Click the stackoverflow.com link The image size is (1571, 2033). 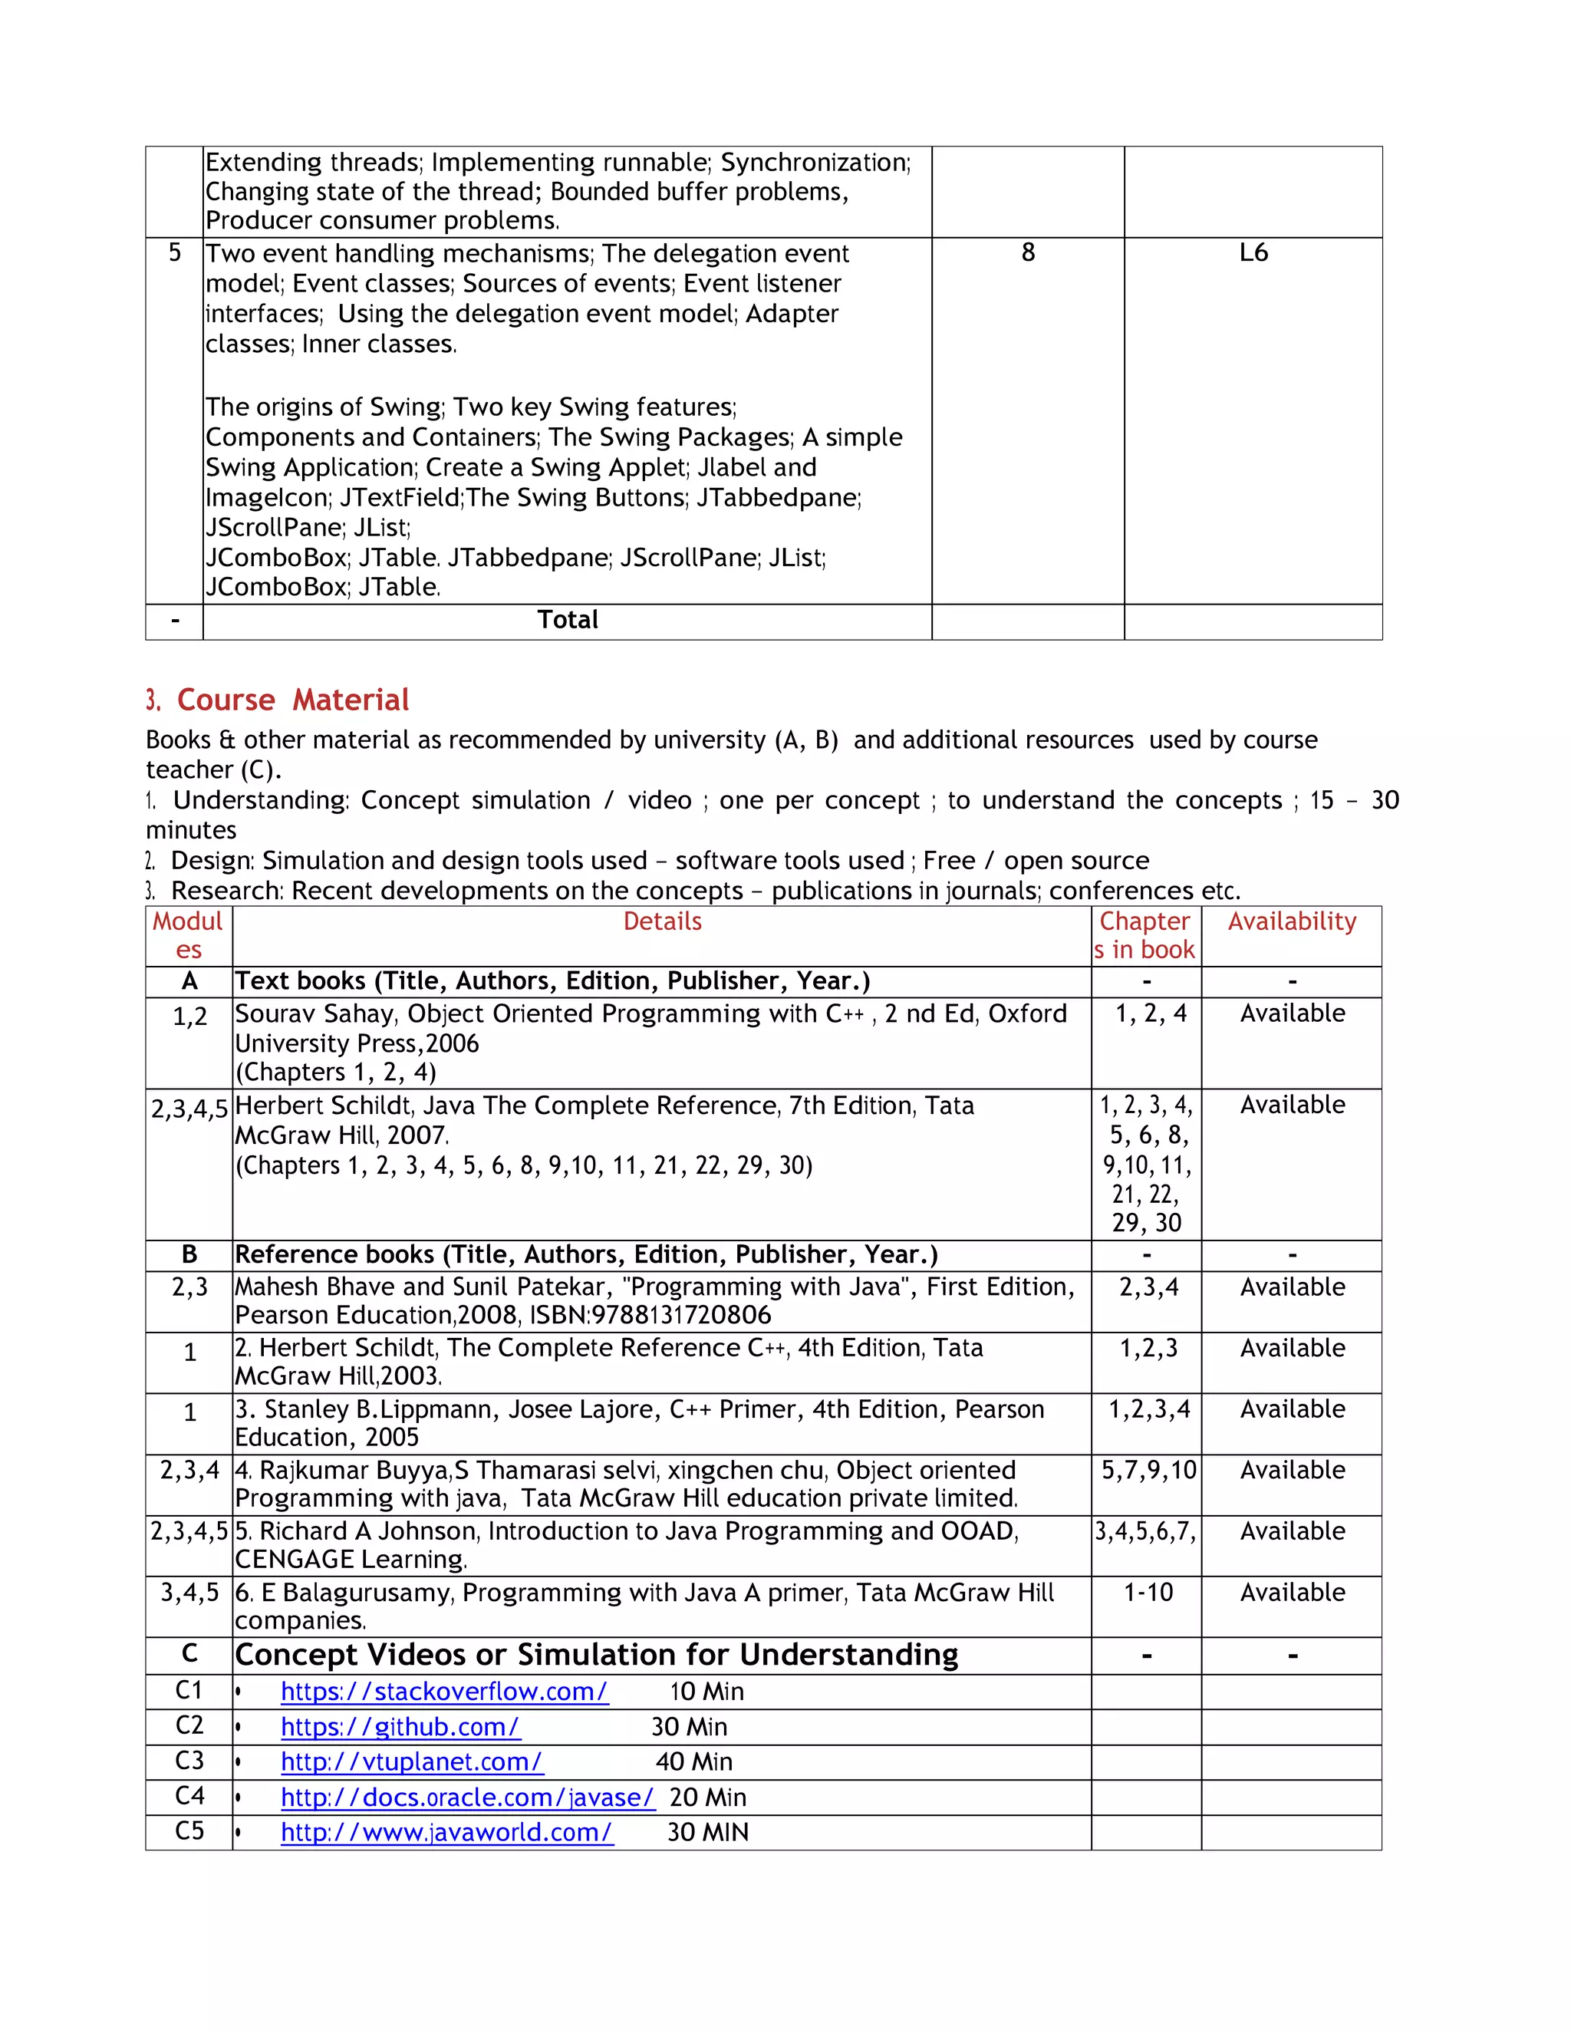pyautogui.click(x=444, y=1692)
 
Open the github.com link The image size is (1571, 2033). pyautogui.click(x=400, y=1727)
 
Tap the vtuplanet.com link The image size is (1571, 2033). pyautogui.click(x=411, y=1761)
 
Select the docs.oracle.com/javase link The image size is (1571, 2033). pyautogui.click(x=467, y=1797)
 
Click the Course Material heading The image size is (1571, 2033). pyautogui.click(x=292, y=700)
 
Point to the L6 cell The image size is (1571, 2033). pyautogui.click(x=1253, y=253)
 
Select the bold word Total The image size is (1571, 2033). pyautogui.click(x=567, y=620)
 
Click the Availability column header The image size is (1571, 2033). pyautogui.click(x=1291, y=921)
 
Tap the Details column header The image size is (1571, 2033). pyautogui.click(x=662, y=921)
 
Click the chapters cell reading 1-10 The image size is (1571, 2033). pyautogui.click(x=1147, y=1593)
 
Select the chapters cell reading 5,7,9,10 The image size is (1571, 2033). pyautogui.click(x=1148, y=1471)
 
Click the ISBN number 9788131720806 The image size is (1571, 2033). pyautogui.click(x=681, y=1315)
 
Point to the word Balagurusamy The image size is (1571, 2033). pyautogui.click(x=367, y=1593)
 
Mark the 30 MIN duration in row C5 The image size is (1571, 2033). pyautogui.click(x=707, y=1832)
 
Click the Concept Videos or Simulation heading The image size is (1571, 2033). pyautogui.click(x=595, y=1655)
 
